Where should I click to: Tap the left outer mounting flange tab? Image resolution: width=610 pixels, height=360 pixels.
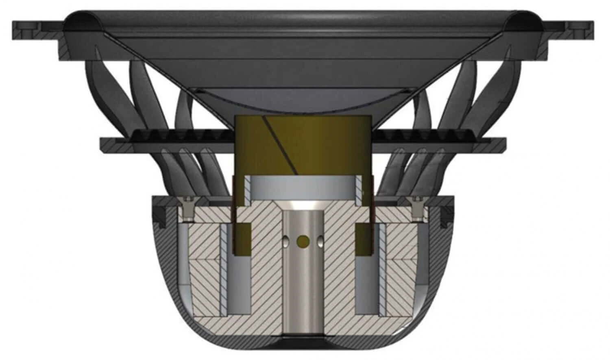(x=28, y=28)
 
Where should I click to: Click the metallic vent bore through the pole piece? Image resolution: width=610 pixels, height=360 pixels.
(x=303, y=285)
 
